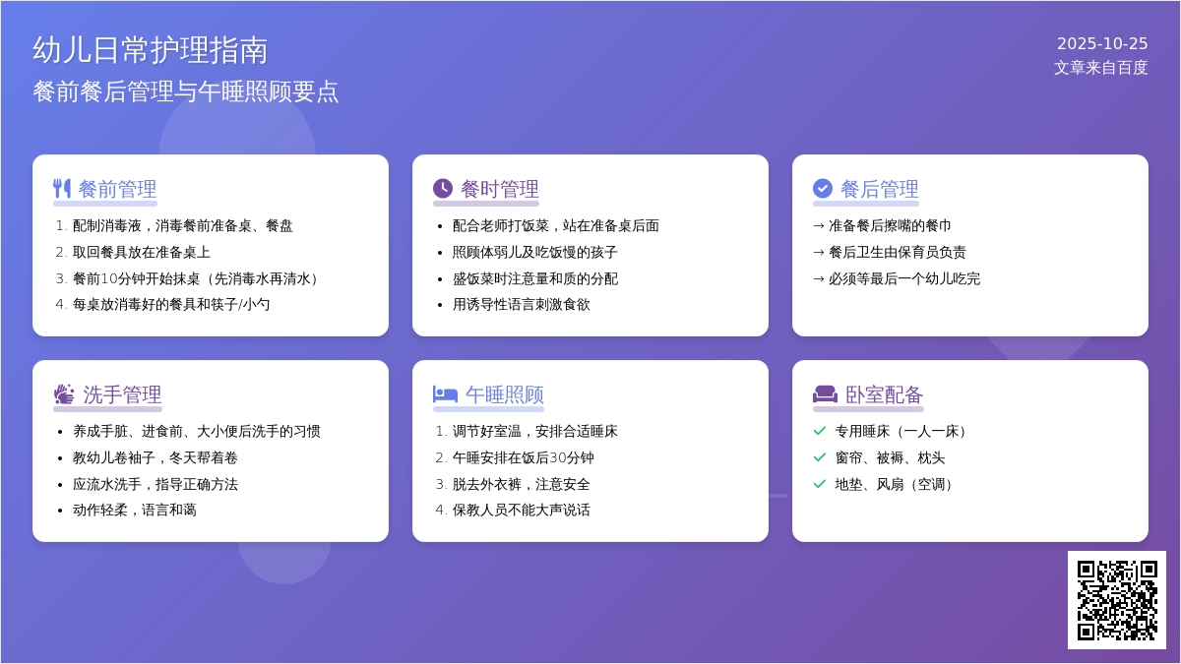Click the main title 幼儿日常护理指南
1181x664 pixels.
(151, 49)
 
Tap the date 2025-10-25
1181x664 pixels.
(1102, 43)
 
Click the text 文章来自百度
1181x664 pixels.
(1100, 67)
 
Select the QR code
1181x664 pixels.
(1117, 600)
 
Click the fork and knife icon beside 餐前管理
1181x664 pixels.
(62, 188)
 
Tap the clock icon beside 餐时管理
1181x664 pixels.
(443, 188)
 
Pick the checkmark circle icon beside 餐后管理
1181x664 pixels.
(823, 188)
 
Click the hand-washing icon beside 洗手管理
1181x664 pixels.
(64, 394)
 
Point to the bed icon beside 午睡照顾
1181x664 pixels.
(445, 394)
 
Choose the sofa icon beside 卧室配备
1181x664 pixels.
(825, 394)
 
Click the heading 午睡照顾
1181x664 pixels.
(504, 394)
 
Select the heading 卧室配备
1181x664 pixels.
(884, 394)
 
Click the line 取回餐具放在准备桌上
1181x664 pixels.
(142, 252)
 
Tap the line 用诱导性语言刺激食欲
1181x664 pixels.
(522, 305)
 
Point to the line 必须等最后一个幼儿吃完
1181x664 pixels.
(904, 278)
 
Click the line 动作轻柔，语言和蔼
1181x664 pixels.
(135, 511)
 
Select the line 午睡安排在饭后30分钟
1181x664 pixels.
(523, 457)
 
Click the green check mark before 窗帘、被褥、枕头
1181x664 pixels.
(820, 457)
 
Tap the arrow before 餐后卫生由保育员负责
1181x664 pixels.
(819, 252)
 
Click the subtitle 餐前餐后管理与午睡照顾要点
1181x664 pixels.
(186, 91)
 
